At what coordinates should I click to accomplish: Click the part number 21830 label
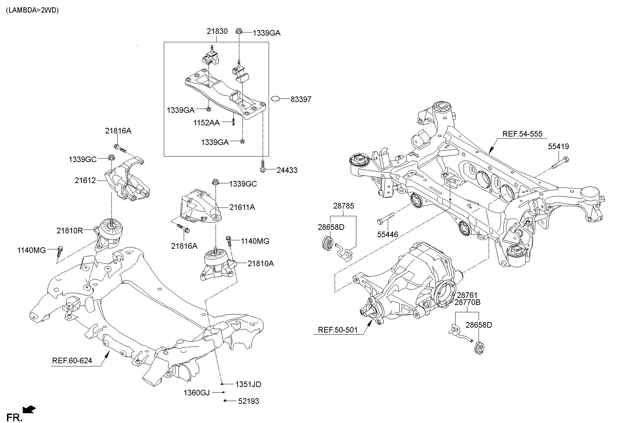(217, 31)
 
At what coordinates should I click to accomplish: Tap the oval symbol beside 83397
(275, 99)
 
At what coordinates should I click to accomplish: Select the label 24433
(287, 170)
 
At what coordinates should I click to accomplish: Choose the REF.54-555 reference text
(522, 134)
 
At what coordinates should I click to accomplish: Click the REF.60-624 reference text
(72, 360)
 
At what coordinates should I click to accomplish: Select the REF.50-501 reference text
(338, 330)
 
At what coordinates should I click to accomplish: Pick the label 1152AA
(206, 123)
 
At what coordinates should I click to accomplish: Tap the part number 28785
(343, 206)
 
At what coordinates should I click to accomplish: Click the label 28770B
(467, 302)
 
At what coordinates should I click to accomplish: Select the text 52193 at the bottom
(248, 401)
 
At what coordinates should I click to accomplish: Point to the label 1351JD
(248, 385)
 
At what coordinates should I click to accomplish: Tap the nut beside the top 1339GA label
(239, 31)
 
